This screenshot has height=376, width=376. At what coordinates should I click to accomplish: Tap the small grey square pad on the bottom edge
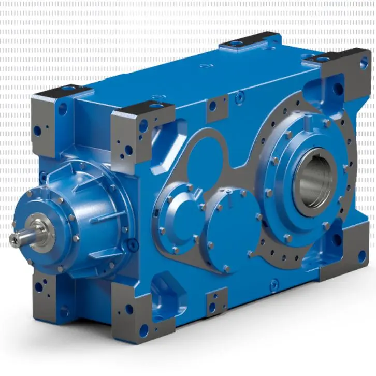pyautogui.click(x=216, y=303)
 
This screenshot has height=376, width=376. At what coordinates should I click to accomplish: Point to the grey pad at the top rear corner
pyautogui.click(x=251, y=41)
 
